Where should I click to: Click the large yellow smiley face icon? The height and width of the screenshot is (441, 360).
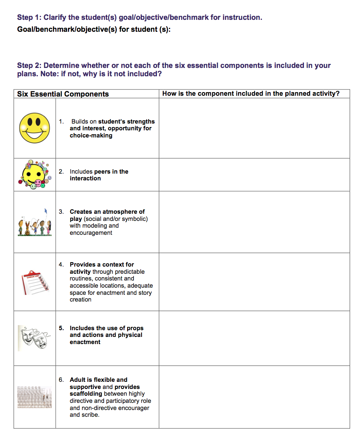point(35,128)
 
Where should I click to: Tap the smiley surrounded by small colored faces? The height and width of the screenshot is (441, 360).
point(34,174)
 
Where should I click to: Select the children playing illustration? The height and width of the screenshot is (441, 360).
point(35,226)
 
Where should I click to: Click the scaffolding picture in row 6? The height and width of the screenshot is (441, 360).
point(35,397)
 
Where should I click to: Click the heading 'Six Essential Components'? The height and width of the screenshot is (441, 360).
point(63,94)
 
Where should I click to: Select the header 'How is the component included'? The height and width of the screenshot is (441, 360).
point(251,94)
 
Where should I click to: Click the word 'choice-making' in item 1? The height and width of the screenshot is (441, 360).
point(91,135)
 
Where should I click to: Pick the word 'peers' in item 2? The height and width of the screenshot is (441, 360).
point(102,172)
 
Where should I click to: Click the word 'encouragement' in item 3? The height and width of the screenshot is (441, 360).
point(91,233)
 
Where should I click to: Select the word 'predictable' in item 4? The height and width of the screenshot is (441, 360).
point(130,272)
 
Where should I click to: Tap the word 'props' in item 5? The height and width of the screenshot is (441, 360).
point(135,328)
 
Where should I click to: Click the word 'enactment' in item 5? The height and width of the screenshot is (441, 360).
point(85,342)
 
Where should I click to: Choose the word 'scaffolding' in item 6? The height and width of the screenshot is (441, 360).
point(86,394)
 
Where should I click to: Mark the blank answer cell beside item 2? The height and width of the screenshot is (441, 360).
point(254,175)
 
